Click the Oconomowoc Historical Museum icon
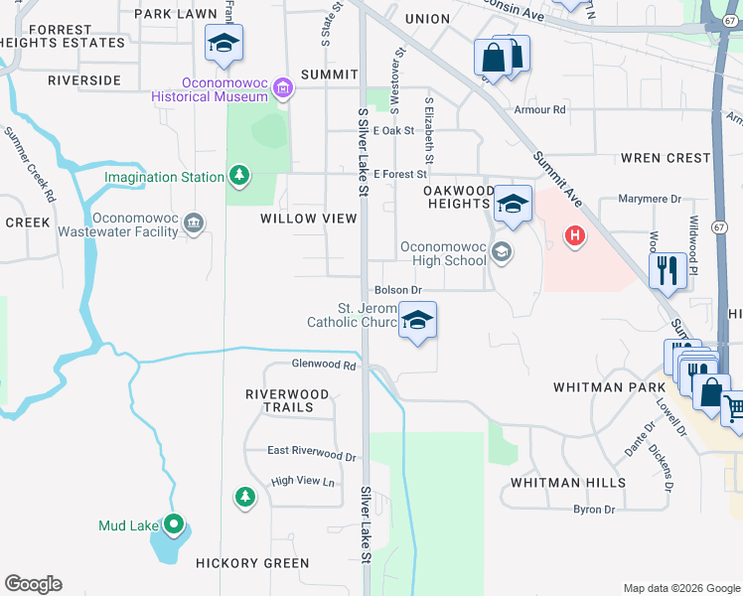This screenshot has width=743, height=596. pyautogui.click(x=283, y=89)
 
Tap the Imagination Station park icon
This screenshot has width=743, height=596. pyautogui.click(x=238, y=177)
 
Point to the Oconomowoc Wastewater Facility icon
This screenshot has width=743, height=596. pyautogui.click(x=194, y=223)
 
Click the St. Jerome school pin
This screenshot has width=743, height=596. pyautogui.click(x=418, y=322)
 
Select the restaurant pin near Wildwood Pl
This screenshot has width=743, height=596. pyautogui.click(x=667, y=268)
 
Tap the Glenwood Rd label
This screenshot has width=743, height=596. pyautogui.click(x=323, y=366)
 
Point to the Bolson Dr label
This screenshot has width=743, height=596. pyautogui.click(x=399, y=290)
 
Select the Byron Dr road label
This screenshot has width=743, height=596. pyautogui.click(x=594, y=510)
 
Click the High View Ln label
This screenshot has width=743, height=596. pyautogui.click(x=304, y=482)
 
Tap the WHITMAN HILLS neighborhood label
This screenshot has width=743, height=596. pyautogui.click(x=568, y=483)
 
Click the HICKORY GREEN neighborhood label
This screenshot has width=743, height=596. pyautogui.click(x=252, y=563)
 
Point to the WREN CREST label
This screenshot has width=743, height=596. pyautogui.click(x=666, y=158)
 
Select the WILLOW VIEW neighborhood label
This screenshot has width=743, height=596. pyautogui.click(x=302, y=219)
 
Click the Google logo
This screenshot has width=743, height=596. pyautogui.click(x=33, y=584)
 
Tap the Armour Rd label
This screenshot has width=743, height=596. pyautogui.click(x=539, y=109)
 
